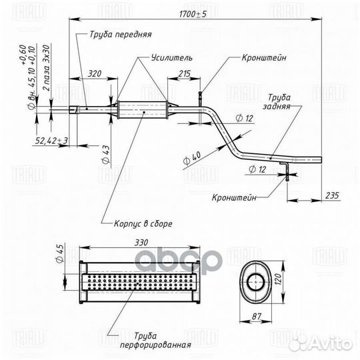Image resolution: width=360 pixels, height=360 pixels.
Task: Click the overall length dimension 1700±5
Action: click(193, 14)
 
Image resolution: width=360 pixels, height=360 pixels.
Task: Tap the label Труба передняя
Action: click(121, 35)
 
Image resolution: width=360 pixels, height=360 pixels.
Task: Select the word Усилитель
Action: click(172, 57)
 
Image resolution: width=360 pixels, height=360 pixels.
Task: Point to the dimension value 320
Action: click(95, 74)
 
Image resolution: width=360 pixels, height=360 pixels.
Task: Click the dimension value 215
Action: click(185, 74)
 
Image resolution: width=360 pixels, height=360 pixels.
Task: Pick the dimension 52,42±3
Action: click(51, 141)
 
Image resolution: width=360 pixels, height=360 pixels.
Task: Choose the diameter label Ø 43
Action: click(106, 155)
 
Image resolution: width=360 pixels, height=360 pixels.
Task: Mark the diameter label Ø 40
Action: click(192, 158)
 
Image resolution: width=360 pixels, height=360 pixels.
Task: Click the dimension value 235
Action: click(332, 195)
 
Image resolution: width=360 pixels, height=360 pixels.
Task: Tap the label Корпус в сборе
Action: click(143, 223)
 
